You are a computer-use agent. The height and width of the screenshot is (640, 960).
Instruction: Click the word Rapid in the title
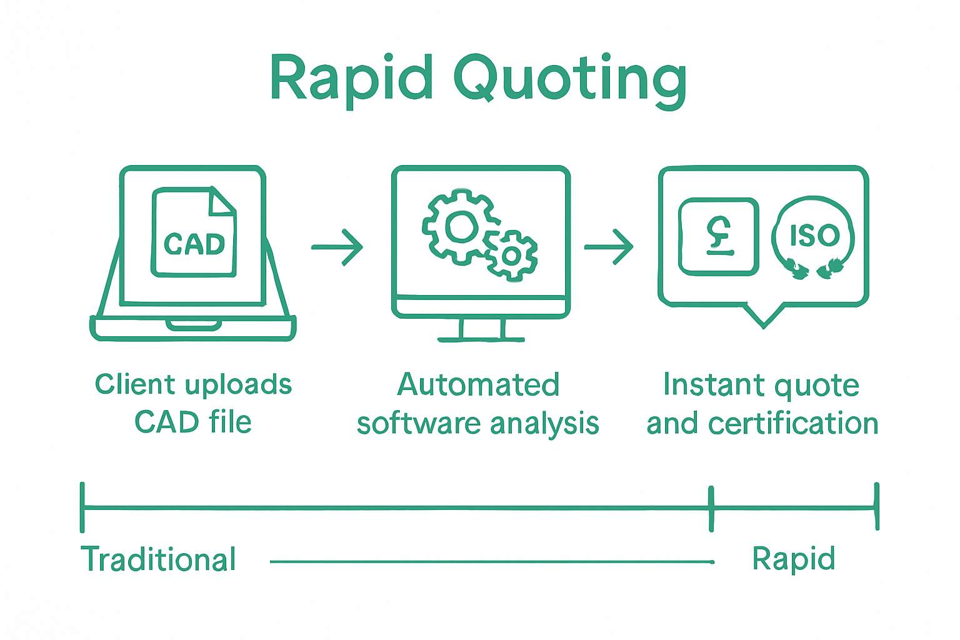coord(351,78)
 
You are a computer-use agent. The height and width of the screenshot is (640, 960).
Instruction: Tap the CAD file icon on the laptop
coord(194,232)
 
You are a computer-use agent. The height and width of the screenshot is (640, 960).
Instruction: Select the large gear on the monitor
coord(460,226)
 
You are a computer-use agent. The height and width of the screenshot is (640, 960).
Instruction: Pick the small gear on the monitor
coord(511,255)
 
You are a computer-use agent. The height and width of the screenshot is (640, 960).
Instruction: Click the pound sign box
coord(719,237)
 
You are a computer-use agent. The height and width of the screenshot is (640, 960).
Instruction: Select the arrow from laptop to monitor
coord(337,247)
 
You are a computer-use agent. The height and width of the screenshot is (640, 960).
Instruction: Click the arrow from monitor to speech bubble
coord(609,247)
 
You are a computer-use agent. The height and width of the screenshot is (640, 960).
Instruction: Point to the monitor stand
coord(481,329)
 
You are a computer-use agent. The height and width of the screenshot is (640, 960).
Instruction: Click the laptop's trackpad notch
coord(194,325)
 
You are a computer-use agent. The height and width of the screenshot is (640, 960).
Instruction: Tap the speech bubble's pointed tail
coord(764,316)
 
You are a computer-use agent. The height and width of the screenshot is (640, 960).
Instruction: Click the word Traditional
coord(159,559)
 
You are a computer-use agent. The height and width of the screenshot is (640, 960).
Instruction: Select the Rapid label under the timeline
coord(793,559)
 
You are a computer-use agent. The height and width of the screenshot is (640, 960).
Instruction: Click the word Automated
coord(478,385)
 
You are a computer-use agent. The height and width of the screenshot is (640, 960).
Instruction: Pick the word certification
coord(793,424)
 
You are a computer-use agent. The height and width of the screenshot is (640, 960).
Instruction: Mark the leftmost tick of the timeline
coord(82,507)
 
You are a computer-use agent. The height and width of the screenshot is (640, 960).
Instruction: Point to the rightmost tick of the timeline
coord(877,507)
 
